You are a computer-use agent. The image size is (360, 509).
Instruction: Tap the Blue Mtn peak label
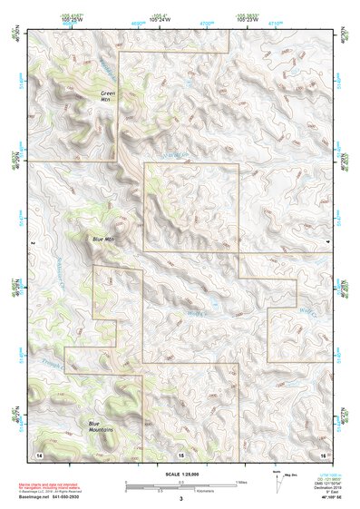[104, 240]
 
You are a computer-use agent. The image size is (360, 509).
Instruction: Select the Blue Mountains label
[101, 426]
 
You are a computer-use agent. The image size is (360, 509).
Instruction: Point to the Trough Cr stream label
[52, 364]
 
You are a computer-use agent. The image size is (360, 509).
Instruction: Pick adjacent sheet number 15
[180, 453]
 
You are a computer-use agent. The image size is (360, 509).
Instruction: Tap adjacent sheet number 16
[323, 452]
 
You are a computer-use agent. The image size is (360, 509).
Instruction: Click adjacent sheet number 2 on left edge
[30, 244]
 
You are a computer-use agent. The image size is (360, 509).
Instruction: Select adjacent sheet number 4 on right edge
[327, 244]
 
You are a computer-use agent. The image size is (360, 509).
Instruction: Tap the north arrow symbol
[276, 481]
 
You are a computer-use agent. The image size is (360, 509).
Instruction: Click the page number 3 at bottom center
[180, 499]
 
